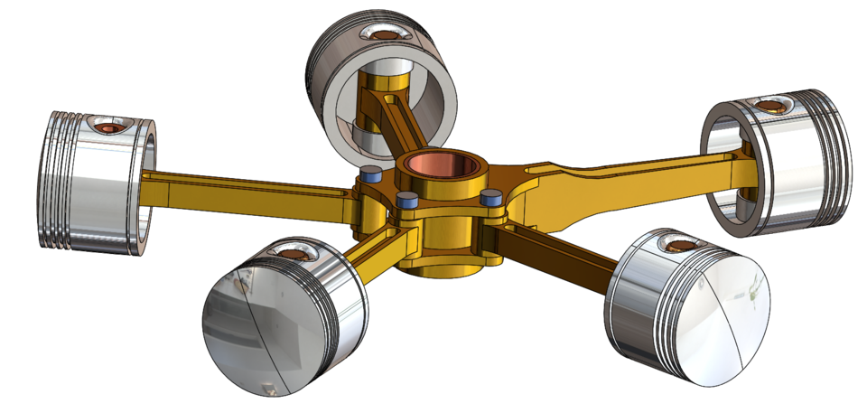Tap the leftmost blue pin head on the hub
click(369, 172)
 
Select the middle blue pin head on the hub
click(406, 198)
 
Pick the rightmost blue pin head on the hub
click(491, 196)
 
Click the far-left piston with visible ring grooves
click(86, 190)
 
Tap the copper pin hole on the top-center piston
click(383, 34)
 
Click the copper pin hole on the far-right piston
click(774, 106)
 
